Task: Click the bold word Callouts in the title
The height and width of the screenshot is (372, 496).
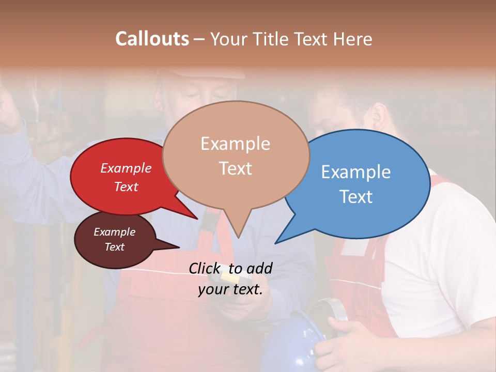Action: coord(152,39)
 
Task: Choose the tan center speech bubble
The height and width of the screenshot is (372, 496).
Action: coord(236,155)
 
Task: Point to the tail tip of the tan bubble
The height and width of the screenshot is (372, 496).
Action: coord(238,237)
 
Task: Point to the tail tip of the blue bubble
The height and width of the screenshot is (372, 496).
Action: coord(275,243)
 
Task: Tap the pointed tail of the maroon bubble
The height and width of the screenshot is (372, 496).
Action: coord(178,246)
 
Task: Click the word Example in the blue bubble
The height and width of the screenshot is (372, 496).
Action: coord(356,172)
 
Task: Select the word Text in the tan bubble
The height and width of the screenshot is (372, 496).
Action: coord(236,168)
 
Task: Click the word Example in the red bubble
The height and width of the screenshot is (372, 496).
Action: coord(126,168)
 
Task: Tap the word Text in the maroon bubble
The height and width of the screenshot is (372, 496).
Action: coord(115,247)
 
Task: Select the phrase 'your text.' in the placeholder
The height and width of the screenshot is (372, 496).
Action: coord(230,290)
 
